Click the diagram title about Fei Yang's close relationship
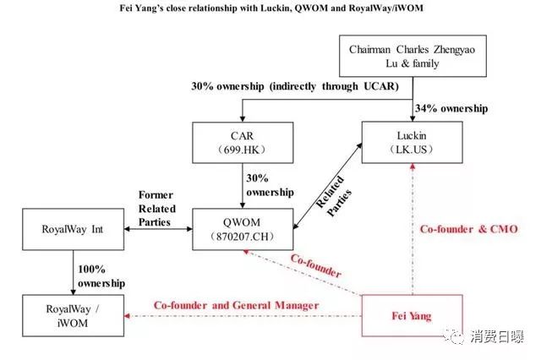(x=270, y=8)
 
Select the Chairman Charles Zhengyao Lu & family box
(x=413, y=57)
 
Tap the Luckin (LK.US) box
(x=413, y=141)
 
